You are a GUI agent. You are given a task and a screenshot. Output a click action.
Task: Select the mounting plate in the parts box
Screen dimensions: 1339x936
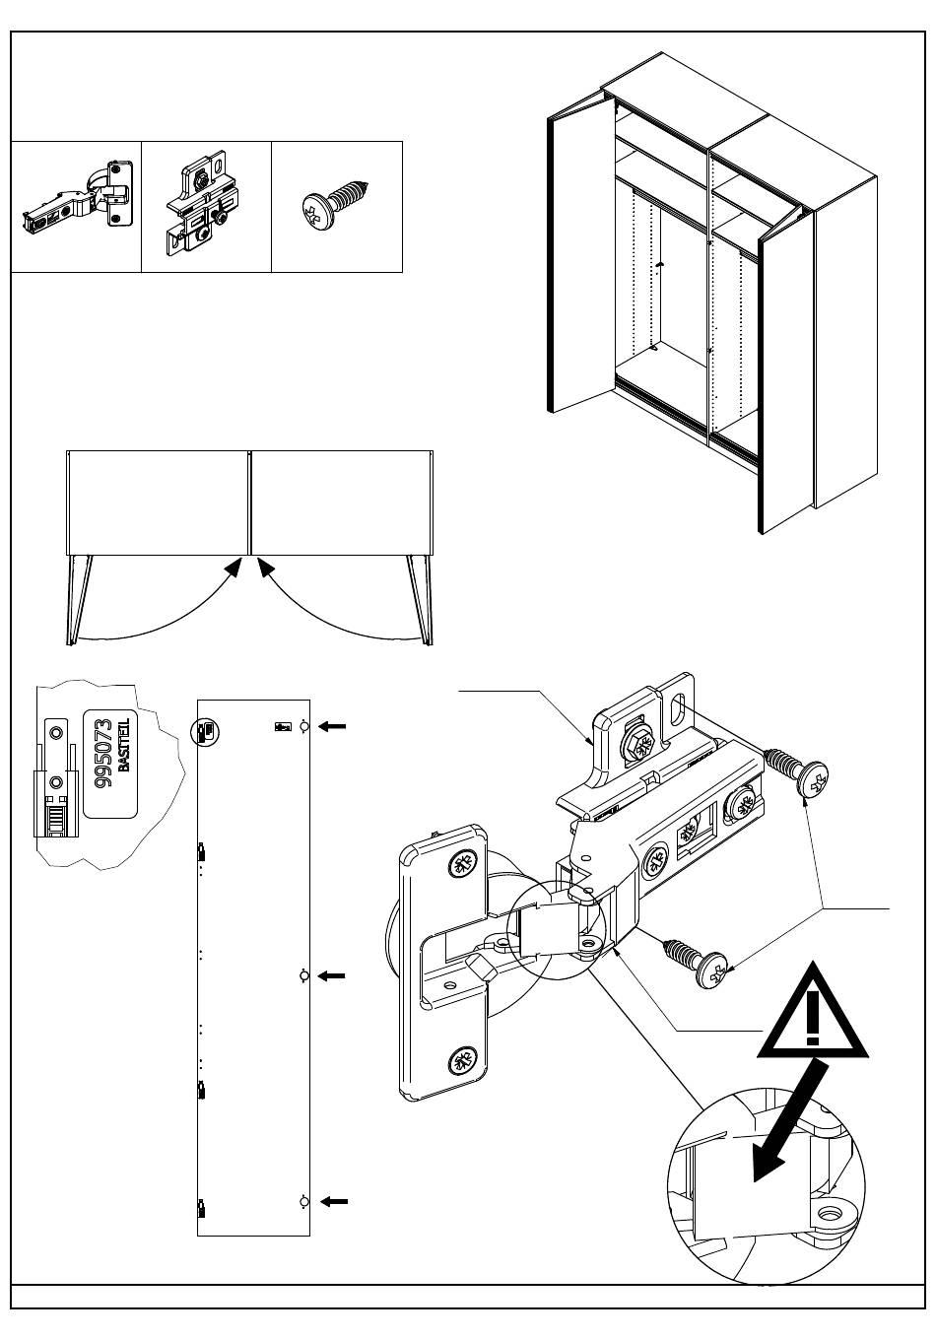[206, 208]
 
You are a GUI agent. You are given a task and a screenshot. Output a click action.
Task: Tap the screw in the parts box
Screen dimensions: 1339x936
[336, 204]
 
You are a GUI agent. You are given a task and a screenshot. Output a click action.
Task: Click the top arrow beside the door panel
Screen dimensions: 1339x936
[334, 726]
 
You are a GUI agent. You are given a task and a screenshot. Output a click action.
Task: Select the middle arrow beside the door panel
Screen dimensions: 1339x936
[334, 975]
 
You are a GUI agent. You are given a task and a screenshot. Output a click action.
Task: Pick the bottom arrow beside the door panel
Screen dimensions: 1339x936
[334, 1201]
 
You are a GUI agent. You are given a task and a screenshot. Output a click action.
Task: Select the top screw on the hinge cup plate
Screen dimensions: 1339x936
[460, 865]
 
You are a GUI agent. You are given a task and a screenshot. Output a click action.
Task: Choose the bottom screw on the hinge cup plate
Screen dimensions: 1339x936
[461, 1061]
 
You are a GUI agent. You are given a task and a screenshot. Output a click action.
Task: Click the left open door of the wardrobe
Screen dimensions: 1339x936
[575, 261]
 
